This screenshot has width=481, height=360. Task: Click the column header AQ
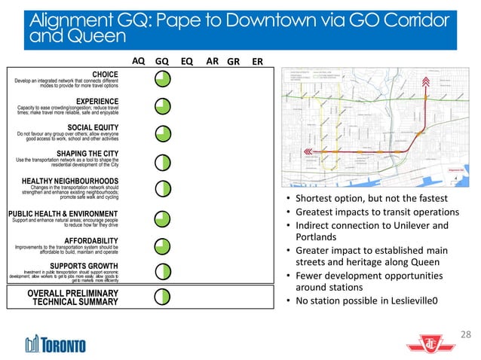tap(139, 62)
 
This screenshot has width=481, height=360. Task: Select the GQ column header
tap(161, 62)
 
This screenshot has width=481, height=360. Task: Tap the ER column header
tap(257, 62)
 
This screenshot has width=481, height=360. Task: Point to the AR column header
tap(213, 62)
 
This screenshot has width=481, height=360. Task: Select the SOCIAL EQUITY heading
tap(93, 127)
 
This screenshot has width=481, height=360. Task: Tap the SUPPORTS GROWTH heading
tap(84, 265)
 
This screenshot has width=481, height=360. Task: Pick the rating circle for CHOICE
tap(162, 79)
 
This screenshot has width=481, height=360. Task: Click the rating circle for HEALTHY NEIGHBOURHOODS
tap(162, 188)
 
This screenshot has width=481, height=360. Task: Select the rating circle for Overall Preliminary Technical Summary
tap(162, 296)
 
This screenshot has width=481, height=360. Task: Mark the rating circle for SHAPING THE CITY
tap(162, 160)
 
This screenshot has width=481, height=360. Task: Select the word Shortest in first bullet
tap(317, 199)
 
